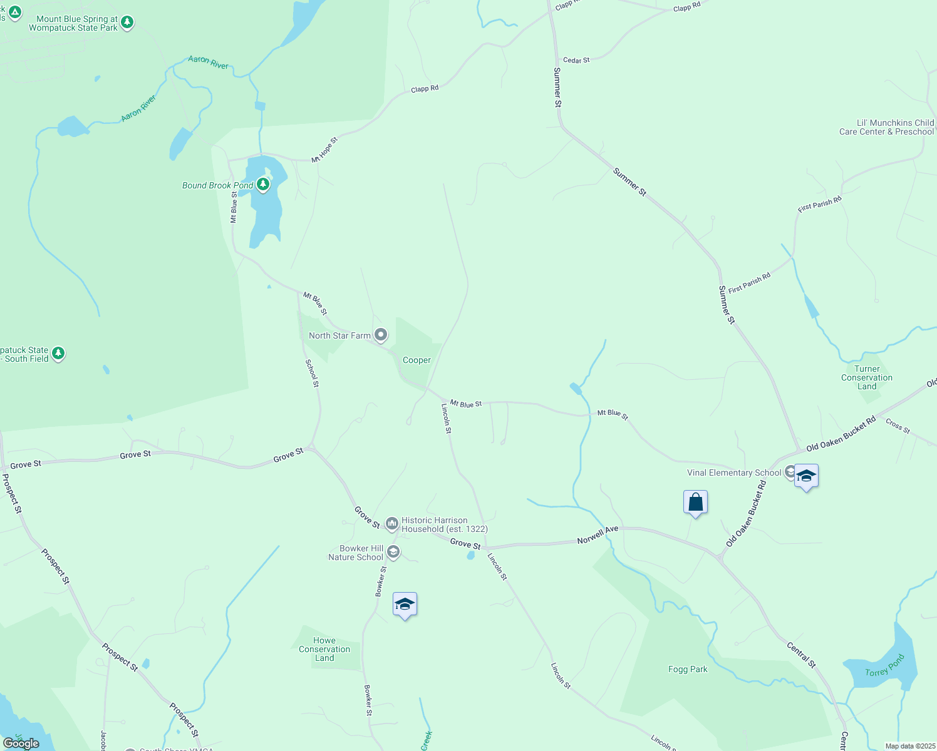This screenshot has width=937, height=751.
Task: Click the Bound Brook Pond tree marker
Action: click(x=263, y=185)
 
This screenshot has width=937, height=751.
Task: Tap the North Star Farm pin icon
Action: click(x=380, y=335)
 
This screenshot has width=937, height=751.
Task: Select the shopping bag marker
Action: click(x=695, y=502)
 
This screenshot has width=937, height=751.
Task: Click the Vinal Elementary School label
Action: click(x=734, y=473)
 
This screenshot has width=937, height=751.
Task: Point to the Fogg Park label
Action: click(x=688, y=669)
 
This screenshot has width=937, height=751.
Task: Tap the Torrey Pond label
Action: click(x=885, y=665)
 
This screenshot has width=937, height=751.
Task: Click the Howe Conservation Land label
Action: click(x=324, y=649)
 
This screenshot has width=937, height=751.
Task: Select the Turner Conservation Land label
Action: click(x=867, y=377)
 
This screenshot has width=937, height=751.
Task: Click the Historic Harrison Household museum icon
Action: click(x=392, y=523)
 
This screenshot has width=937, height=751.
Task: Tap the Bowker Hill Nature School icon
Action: click(x=393, y=551)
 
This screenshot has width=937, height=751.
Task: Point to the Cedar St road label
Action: click(x=576, y=60)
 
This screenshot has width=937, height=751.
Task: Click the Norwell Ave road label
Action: click(x=598, y=535)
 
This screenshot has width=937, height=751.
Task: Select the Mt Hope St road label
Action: click(x=324, y=150)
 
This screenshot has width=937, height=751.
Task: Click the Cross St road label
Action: click(x=898, y=426)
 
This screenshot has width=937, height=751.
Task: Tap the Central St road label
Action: click(x=801, y=655)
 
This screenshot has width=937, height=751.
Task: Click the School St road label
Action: click(x=312, y=373)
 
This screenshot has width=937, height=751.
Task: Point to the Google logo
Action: click(x=21, y=743)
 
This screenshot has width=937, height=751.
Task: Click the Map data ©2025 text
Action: click(x=909, y=746)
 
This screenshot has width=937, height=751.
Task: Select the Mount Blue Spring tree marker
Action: click(x=127, y=23)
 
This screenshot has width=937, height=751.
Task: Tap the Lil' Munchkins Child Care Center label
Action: click(x=886, y=127)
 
